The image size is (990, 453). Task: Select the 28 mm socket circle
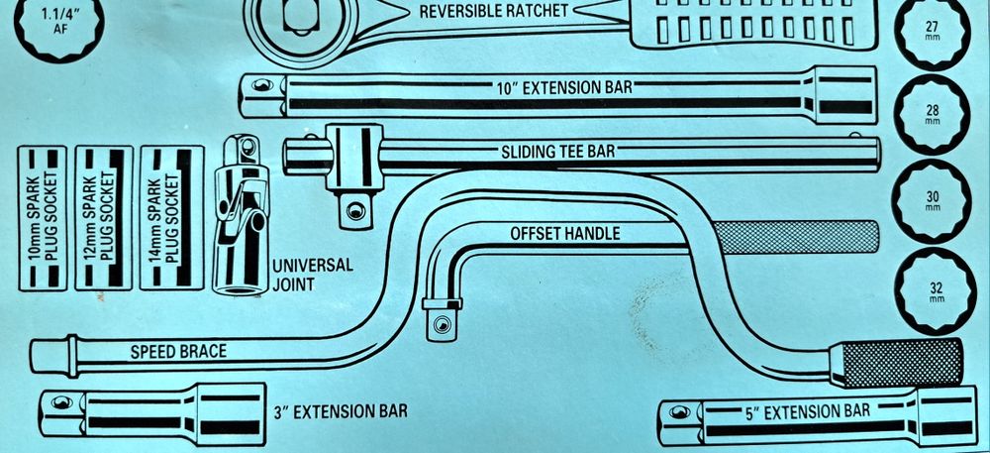coord(932,114)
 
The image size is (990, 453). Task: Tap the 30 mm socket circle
coord(932,200)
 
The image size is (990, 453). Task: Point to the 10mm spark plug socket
coord(43,218)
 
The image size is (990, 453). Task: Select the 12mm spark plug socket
coord(104,218)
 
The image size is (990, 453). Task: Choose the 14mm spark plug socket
coord(171,218)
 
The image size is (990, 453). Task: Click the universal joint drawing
coord(242,215)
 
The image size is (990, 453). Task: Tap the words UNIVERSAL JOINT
coord(313,275)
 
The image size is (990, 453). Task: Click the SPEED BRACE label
coord(178,352)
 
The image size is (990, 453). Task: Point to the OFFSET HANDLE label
coord(565,234)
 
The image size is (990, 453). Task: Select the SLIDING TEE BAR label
coord(557,152)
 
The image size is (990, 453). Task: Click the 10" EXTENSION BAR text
coord(564,87)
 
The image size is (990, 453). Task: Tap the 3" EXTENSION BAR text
coord(341,412)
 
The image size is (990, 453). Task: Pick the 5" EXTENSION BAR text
coord(808,412)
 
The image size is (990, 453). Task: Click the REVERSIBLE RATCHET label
coord(494,11)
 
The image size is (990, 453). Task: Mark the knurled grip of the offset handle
coord(796,238)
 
